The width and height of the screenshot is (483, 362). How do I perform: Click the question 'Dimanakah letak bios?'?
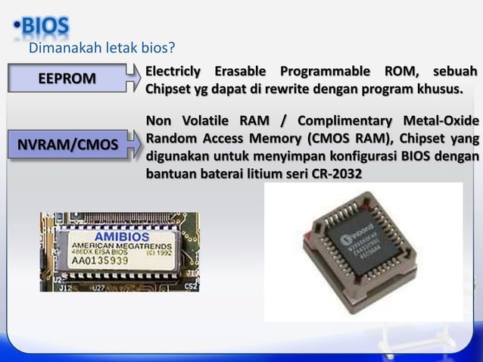(x=101, y=49)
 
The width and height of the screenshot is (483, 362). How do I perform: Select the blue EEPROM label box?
(x=67, y=79)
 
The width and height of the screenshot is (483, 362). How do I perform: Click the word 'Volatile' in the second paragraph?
(x=204, y=122)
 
